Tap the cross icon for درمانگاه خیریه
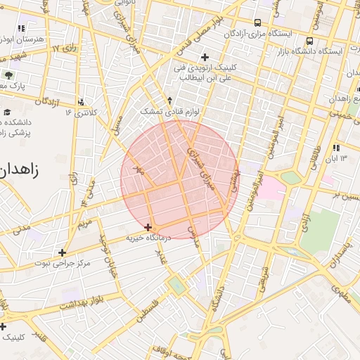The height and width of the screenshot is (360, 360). [148, 227]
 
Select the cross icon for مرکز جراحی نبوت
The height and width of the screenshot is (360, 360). [63, 252]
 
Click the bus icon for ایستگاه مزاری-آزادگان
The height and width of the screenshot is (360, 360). [257, 22]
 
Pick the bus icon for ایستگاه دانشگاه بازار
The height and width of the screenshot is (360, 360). [310, 41]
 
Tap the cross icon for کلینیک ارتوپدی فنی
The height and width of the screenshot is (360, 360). [205, 57]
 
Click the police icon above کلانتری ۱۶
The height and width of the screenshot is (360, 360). [82, 102]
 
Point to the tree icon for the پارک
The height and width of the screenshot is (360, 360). [8, 75]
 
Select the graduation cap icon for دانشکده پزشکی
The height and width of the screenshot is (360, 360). [7, 112]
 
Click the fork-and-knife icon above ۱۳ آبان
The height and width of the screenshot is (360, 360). [335, 148]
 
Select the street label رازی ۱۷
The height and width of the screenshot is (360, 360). [65, 49]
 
